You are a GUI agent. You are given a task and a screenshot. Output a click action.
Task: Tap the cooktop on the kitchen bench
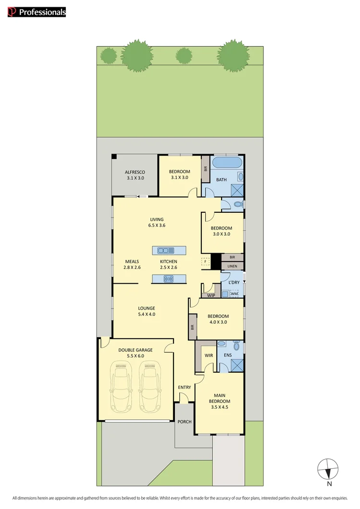click(x=169, y=279)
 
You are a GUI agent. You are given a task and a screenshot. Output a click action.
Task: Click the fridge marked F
click(x=206, y=262)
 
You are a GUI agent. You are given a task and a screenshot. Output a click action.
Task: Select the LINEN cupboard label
click(x=233, y=266)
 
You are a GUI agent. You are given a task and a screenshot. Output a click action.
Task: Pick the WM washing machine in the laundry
click(x=234, y=293)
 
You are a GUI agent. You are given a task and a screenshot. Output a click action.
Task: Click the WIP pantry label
click(x=211, y=295)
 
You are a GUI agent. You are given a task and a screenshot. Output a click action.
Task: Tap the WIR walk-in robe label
click(x=209, y=356)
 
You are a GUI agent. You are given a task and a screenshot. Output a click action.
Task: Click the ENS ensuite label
click(x=227, y=356)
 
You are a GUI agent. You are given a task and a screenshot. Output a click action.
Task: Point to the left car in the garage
click(x=121, y=387)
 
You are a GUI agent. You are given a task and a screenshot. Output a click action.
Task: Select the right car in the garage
click(x=149, y=387)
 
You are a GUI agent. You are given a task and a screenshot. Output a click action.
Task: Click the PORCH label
click(x=185, y=422)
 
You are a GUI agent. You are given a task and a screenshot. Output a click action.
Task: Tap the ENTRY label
click(x=185, y=387)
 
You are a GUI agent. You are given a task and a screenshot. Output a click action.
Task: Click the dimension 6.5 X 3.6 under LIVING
click(x=157, y=225)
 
